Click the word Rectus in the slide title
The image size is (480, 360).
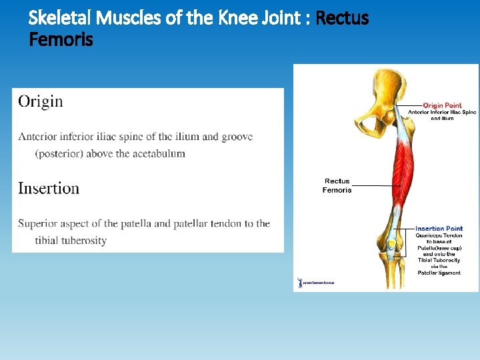coord(342,18)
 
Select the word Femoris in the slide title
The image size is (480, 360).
coord(61,40)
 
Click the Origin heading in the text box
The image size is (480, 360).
coord(41,101)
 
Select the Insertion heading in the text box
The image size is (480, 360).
coord(49,188)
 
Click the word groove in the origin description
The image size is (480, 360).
coord(237,137)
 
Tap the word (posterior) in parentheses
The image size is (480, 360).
coord(63,153)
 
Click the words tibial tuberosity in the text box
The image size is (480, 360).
coord(71,240)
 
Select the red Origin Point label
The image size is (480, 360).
coord(442,105)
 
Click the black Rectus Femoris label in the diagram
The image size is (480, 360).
coord(337,185)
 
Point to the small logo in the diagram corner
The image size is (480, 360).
coord(316,282)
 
